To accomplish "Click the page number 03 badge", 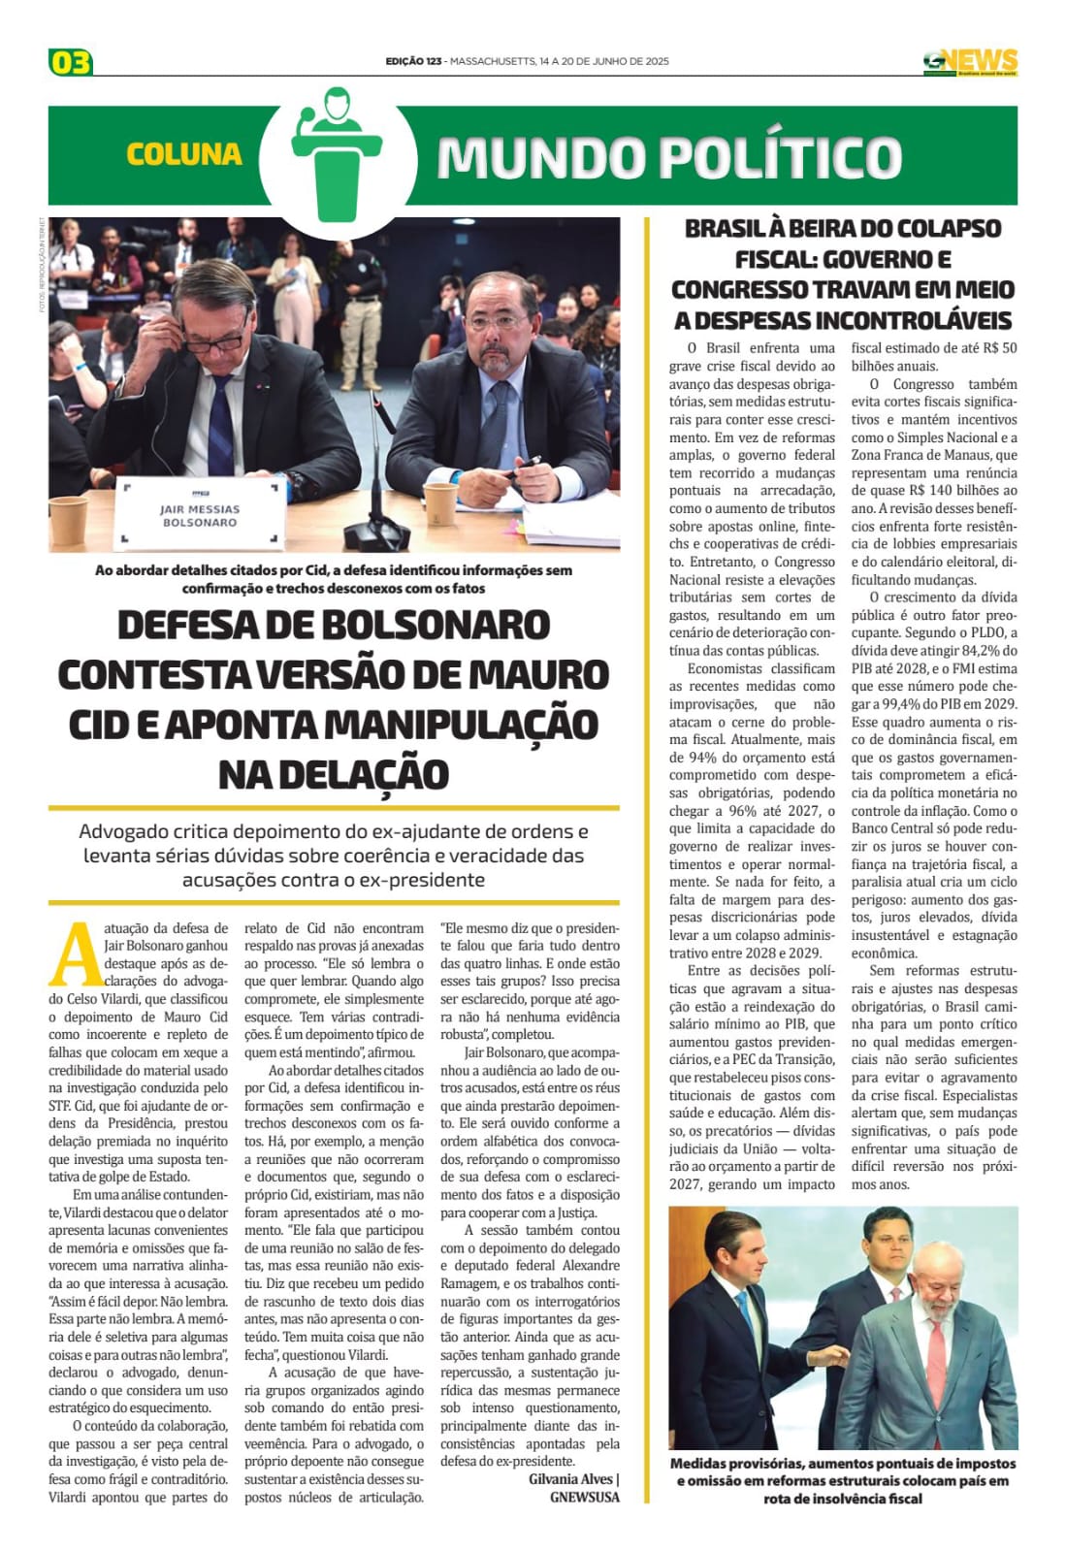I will [70, 63].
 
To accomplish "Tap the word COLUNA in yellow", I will [183, 154].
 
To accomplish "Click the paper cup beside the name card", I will [67, 519].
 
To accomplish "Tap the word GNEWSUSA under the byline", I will [584, 1497].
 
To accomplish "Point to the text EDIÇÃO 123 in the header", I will [414, 61].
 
